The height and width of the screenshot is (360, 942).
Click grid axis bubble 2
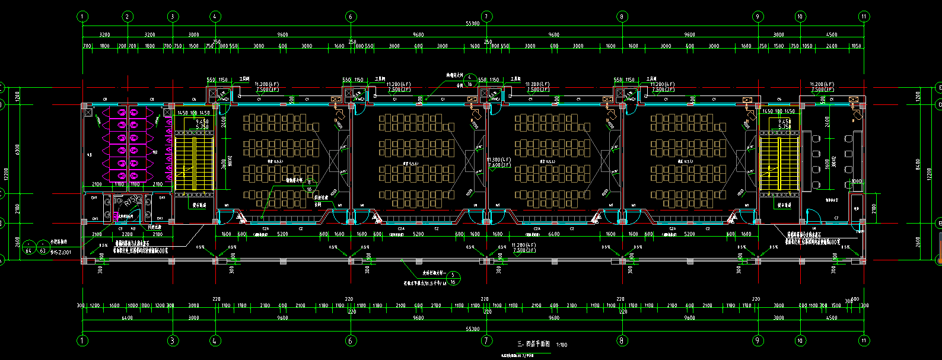[127, 17]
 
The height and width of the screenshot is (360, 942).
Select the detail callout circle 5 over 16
[453, 278]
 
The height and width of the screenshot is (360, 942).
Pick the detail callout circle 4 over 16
[470, 81]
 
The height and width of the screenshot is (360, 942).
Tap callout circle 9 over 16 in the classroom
[309, 186]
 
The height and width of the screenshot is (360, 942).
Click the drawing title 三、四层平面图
[534, 344]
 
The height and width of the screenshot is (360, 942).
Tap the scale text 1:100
[561, 345]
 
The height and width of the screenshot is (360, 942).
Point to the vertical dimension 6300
[18, 148]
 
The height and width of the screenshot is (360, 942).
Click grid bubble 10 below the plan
[800, 340]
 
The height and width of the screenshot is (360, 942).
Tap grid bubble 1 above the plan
[82, 17]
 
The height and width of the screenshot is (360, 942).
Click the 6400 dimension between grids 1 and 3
[126, 318]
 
